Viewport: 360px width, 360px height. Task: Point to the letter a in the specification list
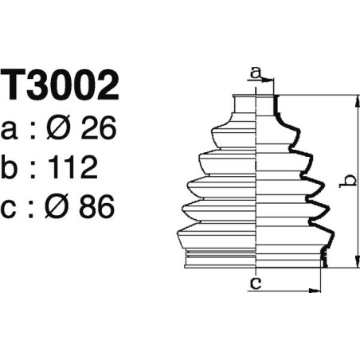click(x=11, y=128)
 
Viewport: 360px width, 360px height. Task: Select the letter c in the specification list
click(x=11, y=209)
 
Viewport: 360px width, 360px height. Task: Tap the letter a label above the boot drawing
click(x=255, y=73)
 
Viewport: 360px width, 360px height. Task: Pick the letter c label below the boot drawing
click(x=255, y=283)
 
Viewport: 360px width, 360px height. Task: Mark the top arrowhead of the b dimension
click(x=354, y=100)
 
